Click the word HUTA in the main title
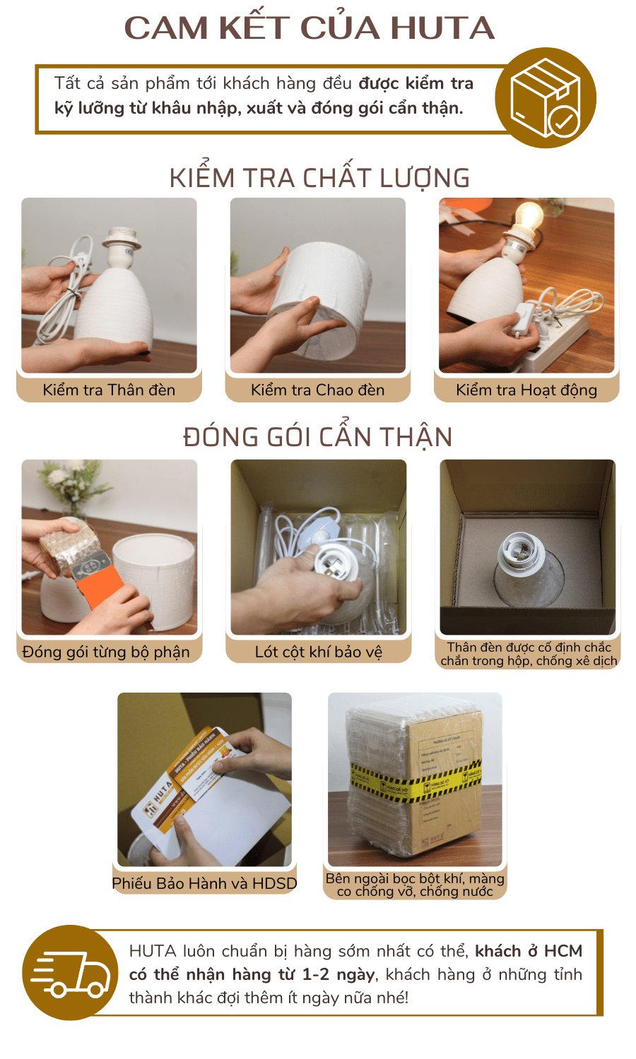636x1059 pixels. pos(442,28)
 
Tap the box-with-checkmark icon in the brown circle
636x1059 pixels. pos(546,98)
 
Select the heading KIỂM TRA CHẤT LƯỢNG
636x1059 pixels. pos(319,178)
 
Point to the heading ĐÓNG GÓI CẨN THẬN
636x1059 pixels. pos(318,437)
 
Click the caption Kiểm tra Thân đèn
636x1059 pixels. pos(109,390)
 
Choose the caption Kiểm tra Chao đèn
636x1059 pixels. pos(317,390)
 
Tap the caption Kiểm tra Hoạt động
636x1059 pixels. pos(526,390)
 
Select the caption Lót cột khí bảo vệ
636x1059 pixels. pos(318,652)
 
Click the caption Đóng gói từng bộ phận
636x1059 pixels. pos(106,652)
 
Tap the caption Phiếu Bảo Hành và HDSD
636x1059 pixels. pos(204,883)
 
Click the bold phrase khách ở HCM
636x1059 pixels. pos(529,951)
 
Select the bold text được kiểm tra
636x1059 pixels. pos(416,83)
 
